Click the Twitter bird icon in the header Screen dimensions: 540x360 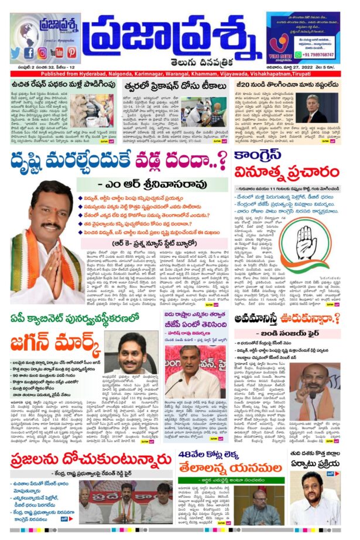point(16,53)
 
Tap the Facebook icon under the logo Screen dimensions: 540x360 point(29,53)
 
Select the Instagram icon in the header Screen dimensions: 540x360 point(43,53)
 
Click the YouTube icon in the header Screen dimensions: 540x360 point(57,53)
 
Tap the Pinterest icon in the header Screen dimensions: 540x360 point(71,53)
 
